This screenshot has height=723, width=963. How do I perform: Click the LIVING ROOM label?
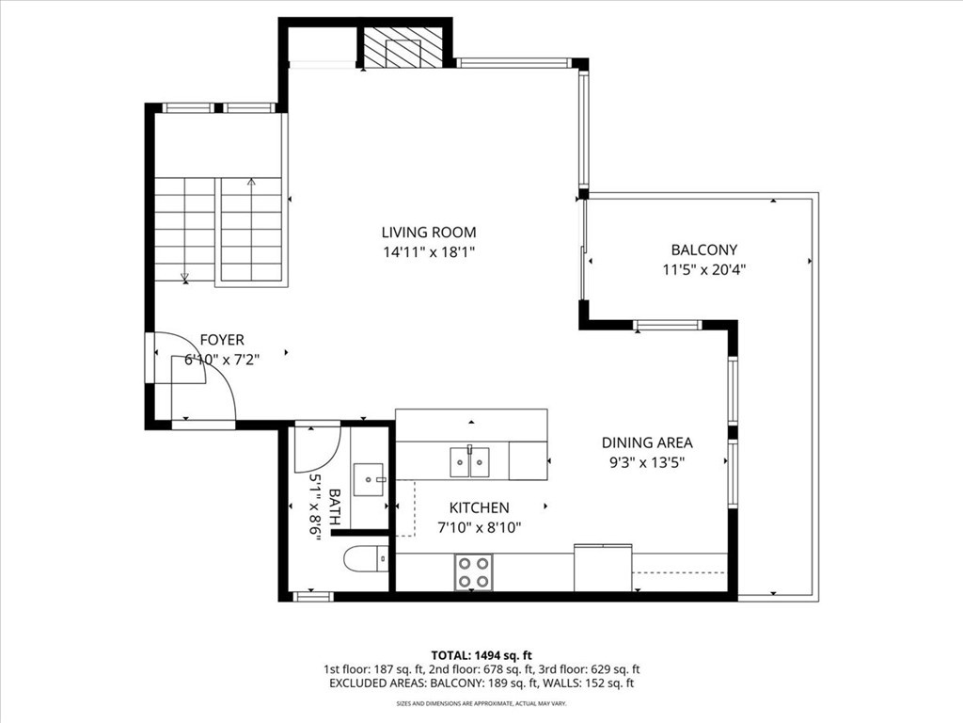tap(428, 232)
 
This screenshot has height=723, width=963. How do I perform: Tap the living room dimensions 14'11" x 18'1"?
tap(428, 251)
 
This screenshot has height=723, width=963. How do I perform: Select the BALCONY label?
tap(703, 249)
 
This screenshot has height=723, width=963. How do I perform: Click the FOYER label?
tap(222, 340)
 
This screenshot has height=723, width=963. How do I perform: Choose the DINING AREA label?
tap(647, 442)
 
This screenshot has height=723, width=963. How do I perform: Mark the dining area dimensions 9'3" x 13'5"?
tap(647, 462)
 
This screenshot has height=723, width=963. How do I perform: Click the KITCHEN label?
tap(479, 508)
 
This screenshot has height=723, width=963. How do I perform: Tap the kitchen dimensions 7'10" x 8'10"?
tap(479, 528)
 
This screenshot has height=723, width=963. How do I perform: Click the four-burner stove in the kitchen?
tap(474, 570)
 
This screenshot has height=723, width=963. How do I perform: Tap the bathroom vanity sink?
tap(367, 479)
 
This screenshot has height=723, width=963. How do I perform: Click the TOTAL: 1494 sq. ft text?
tap(481, 654)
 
